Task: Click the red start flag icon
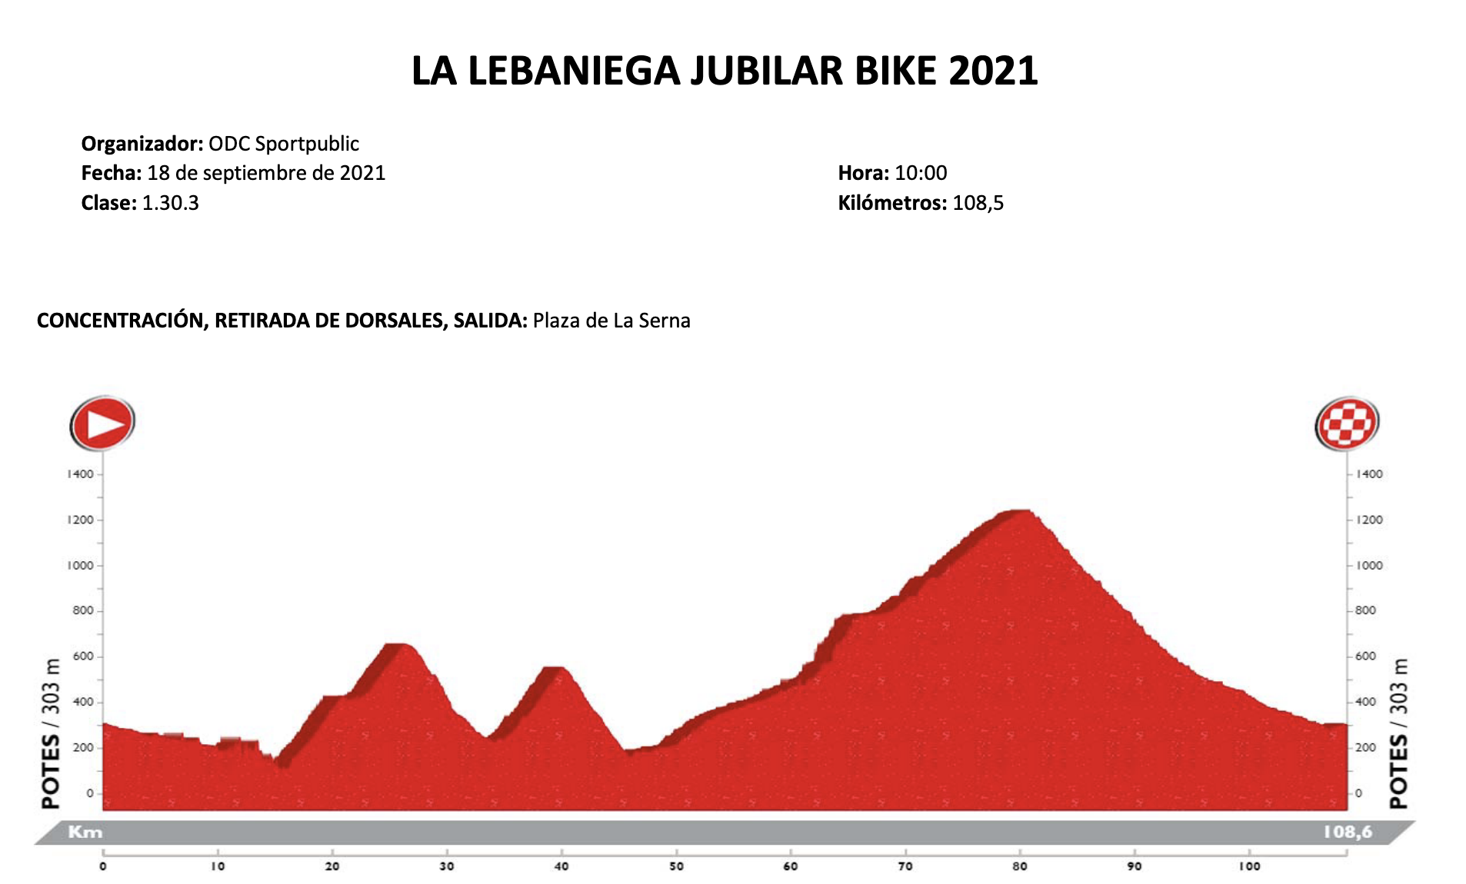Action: click(x=102, y=423)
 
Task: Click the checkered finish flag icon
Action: click(x=1346, y=423)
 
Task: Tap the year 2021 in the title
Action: click(x=993, y=71)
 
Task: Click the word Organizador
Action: click(x=142, y=144)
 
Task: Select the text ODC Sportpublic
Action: click(x=284, y=144)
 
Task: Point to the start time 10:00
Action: click(x=921, y=173)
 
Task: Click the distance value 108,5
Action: click(x=978, y=203)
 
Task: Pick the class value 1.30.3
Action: click(x=170, y=203)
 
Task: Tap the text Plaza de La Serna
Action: click(x=611, y=321)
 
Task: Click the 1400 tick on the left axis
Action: click(x=80, y=474)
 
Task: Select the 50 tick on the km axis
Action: click(x=676, y=866)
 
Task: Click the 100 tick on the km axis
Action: click(x=1249, y=866)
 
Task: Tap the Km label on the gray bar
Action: click(x=85, y=832)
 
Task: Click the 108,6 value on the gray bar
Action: click(x=1348, y=832)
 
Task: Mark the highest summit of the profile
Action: click(x=1019, y=511)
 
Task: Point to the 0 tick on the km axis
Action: click(x=103, y=866)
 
